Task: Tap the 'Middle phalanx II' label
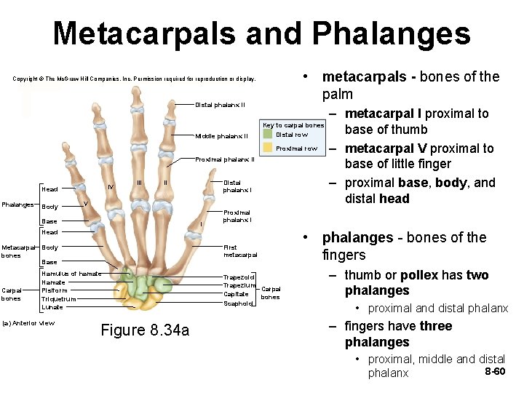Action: pos(222,136)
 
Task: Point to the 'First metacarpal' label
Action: pos(240,251)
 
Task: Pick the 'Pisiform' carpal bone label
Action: pos(55,290)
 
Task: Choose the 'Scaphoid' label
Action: pos(237,303)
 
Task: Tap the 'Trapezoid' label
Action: pos(239,277)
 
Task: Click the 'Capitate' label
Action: pos(237,295)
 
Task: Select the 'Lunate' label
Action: pos(52,307)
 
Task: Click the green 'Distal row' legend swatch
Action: pos(268,135)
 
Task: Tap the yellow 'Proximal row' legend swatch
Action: pos(268,148)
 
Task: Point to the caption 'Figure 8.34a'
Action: pos(145,330)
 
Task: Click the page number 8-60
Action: pos(494,372)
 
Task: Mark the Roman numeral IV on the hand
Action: pos(110,187)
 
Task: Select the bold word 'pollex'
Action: pos(419,275)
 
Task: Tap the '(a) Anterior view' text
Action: pos(29,323)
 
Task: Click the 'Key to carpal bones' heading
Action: pos(293,125)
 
